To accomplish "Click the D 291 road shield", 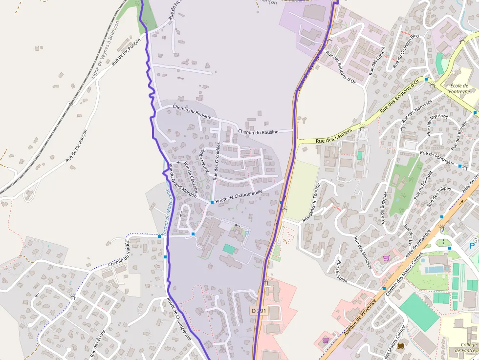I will (x=260, y=311).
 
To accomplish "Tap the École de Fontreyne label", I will (x=460, y=88).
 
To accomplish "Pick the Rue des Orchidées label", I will (x=217, y=161).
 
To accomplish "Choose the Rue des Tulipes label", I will (x=439, y=197).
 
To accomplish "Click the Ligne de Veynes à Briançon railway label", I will (x=105, y=50).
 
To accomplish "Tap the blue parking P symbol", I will (x=473, y=245).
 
